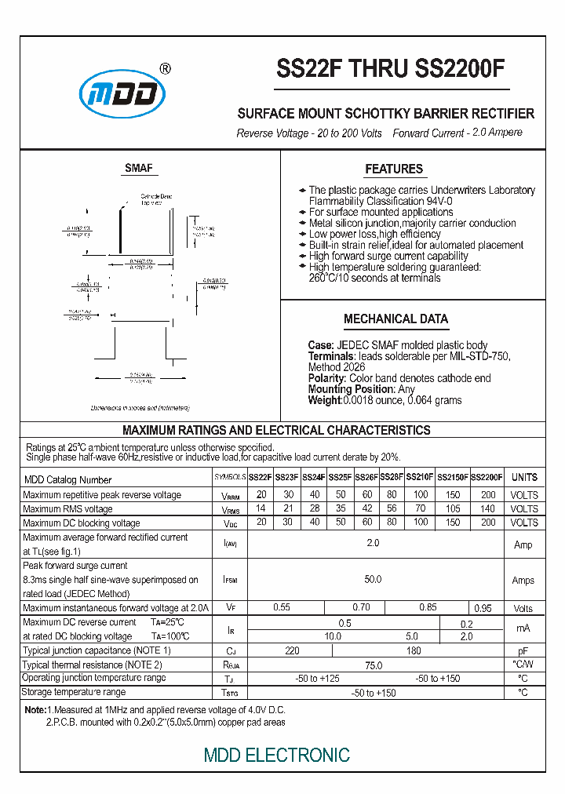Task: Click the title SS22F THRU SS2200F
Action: [x=390, y=70]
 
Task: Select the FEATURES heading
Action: [x=393, y=169]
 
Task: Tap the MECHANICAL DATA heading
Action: [x=395, y=319]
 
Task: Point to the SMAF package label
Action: [x=139, y=168]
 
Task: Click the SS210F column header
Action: [x=420, y=477]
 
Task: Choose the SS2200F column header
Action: [x=487, y=477]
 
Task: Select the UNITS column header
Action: [x=524, y=477]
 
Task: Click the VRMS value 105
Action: [x=453, y=508]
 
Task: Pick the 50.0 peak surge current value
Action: [x=373, y=580]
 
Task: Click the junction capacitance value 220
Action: [x=292, y=650]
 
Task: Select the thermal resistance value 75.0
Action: [x=373, y=665]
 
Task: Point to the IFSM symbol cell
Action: [x=230, y=581]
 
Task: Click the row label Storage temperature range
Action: [x=74, y=692]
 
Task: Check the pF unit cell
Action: [x=523, y=651]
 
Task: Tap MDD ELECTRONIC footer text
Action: [x=277, y=756]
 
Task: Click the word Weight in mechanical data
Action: [x=324, y=400]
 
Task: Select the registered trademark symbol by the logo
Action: [x=165, y=68]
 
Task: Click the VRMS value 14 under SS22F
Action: [x=261, y=508]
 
